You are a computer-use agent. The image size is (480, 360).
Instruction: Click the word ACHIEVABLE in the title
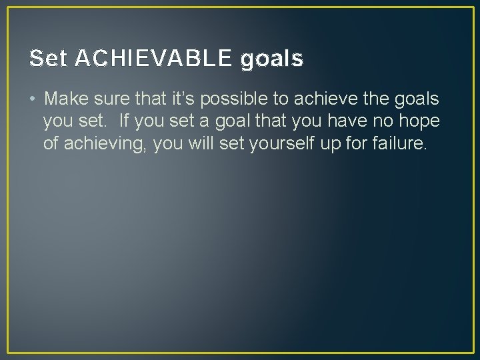tap(154, 59)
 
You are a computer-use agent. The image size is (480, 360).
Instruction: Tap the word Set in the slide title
tap(48, 59)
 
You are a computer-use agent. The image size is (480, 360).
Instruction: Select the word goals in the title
tap(271, 60)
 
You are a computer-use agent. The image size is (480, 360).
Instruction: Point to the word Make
tap(66, 99)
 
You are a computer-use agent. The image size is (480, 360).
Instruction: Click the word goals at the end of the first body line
tap(416, 100)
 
